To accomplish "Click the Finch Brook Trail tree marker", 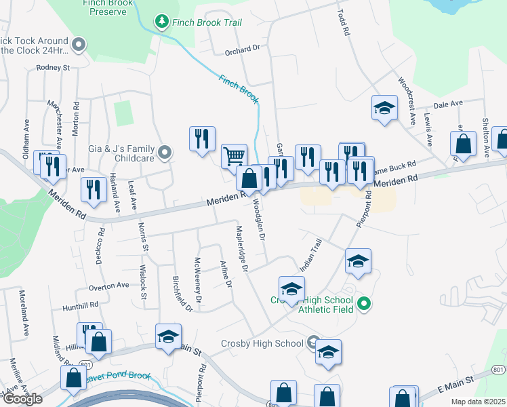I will [162, 22].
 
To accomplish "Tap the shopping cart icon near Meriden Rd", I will [234, 155].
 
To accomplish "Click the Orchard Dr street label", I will [242, 49].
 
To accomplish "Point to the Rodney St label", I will [54, 68].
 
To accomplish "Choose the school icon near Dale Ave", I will [384, 107].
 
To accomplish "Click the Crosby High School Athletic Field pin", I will [363, 303].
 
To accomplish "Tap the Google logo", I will [22, 399].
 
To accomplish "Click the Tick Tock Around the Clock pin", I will [79, 45].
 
